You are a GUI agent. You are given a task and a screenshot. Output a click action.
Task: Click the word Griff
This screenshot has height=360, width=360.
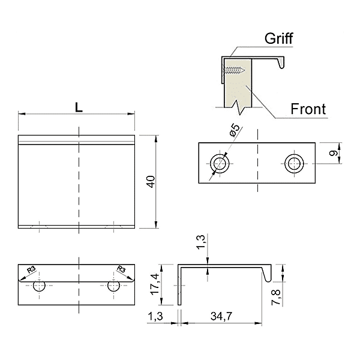[x=278, y=38]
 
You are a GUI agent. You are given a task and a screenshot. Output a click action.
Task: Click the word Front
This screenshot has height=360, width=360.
[x=308, y=109]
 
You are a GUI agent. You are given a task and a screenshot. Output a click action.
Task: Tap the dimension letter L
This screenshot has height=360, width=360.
[x=79, y=107]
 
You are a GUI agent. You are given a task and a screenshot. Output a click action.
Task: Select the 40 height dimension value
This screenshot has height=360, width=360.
[x=151, y=182]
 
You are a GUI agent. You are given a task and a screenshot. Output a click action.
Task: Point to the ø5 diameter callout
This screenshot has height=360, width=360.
[x=235, y=130]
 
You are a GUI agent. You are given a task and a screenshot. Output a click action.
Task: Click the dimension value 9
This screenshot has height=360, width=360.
[x=334, y=152]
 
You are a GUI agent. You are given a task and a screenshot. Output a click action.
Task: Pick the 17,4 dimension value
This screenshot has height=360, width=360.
[x=155, y=284]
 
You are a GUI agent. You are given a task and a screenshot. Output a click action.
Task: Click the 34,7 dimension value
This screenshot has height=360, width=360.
[x=221, y=316]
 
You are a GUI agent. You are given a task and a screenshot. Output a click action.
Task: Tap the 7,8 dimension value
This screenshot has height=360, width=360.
[x=276, y=297]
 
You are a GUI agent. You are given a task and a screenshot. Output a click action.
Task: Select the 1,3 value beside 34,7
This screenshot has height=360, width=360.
[x=155, y=316]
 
